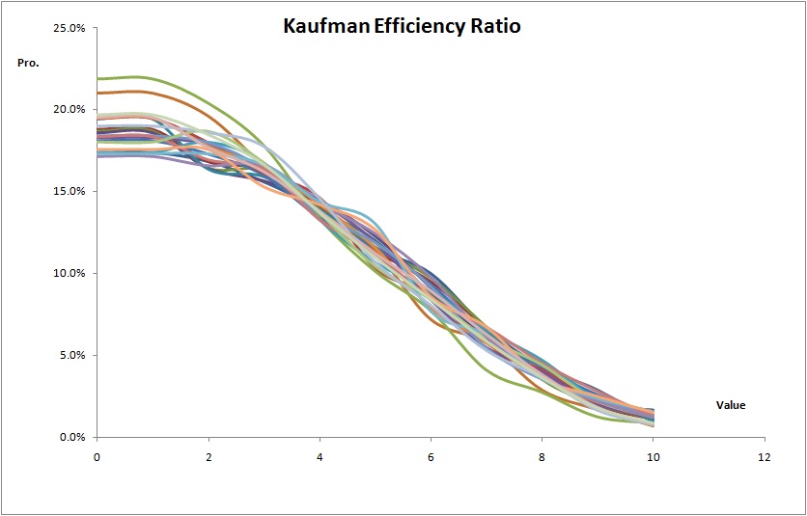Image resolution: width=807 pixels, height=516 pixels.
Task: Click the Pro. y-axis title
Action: point(28,64)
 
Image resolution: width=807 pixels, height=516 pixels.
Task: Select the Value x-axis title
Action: point(731,405)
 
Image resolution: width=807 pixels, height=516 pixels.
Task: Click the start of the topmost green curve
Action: point(98,79)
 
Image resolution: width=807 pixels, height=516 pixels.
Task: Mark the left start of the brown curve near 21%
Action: point(98,94)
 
